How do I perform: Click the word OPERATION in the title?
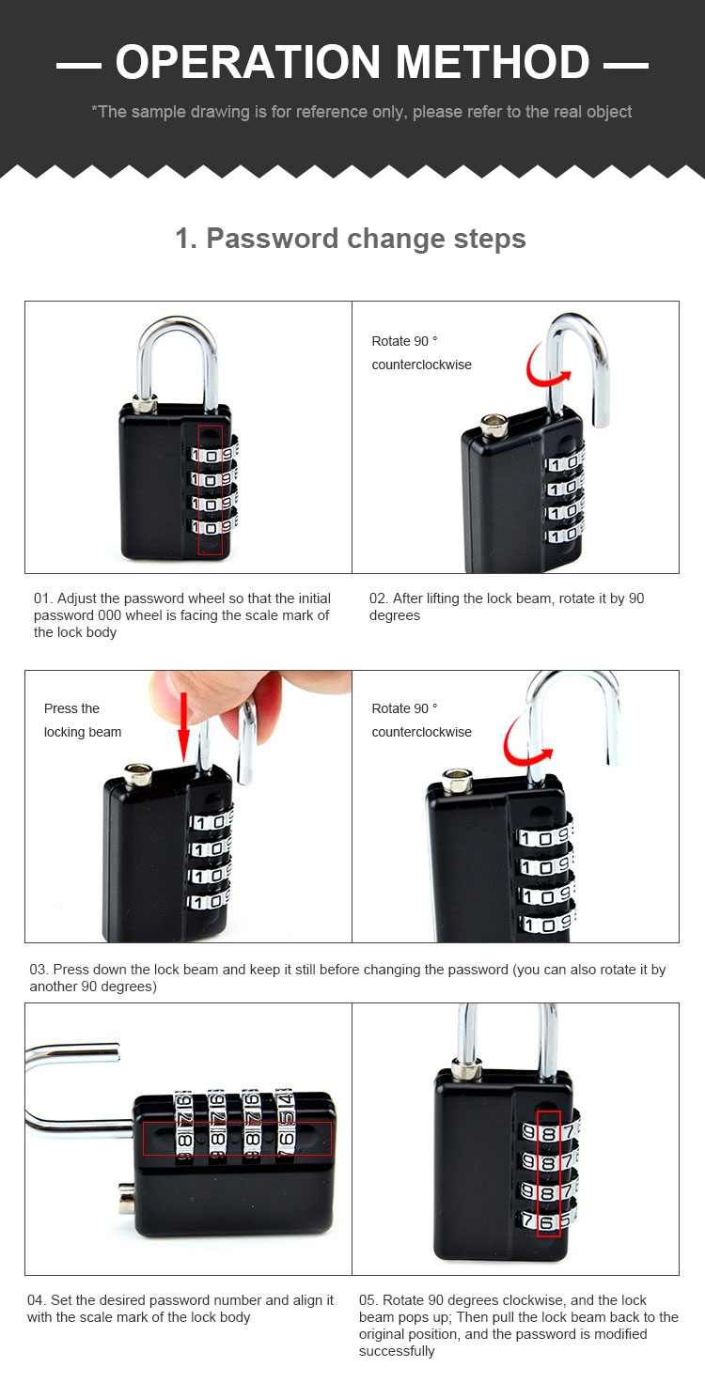(248, 62)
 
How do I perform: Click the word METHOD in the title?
(493, 62)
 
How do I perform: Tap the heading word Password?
(273, 239)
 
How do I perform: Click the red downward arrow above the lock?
(183, 726)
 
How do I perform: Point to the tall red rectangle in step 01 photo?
(210, 489)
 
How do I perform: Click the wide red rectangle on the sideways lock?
(237, 1138)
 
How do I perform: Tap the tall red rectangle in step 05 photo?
(549, 1173)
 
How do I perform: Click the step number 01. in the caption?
(43, 598)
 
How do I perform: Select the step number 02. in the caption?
(379, 598)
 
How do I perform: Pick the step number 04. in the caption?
(37, 1299)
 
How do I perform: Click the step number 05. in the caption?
(368, 1299)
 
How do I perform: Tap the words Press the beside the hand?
(71, 708)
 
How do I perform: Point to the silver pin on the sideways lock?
(126, 1199)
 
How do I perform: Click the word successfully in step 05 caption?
(397, 1351)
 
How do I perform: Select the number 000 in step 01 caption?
(109, 615)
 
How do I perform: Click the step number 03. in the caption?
(39, 970)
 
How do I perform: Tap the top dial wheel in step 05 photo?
(550, 1131)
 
